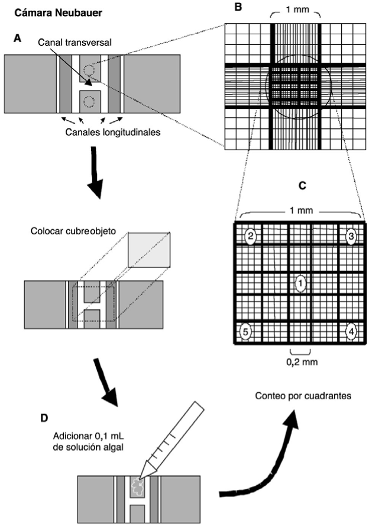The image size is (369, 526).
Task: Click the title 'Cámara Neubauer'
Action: coord(52,11)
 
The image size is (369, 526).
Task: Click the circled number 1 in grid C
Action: coord(300,284)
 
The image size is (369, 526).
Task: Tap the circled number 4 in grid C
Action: coord(351,331)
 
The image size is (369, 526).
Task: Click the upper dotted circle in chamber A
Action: coord(88,70)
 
